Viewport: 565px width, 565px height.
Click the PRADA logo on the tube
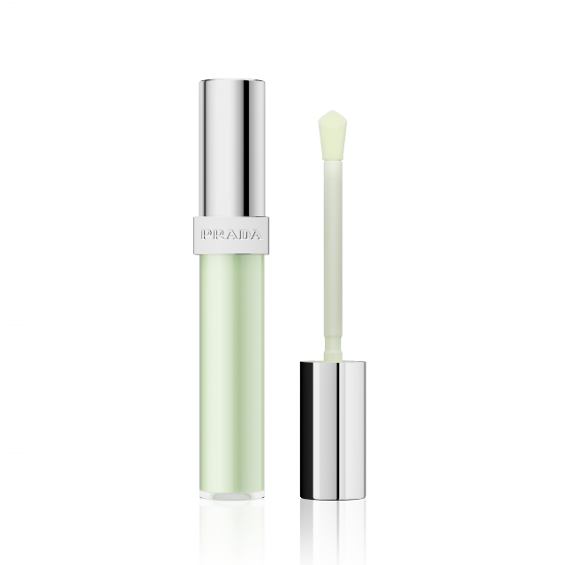pos(231,236)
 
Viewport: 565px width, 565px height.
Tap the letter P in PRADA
pos(206,236)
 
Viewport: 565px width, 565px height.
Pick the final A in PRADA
pos(255,236)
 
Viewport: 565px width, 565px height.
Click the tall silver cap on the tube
pos(232,148)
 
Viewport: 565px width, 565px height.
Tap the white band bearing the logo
pos(231,236)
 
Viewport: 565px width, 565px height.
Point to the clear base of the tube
pos(231,496)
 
